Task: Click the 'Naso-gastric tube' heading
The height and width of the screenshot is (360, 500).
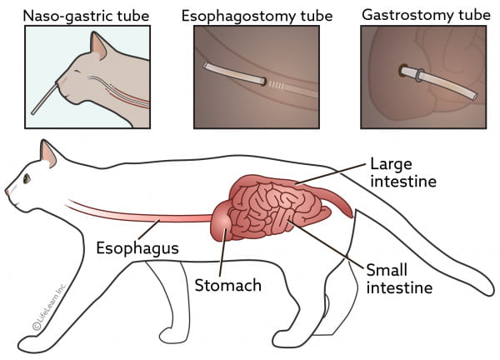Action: (86, 16)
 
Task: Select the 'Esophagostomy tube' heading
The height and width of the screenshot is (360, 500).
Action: (257, 16)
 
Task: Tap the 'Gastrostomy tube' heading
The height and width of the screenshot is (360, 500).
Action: (426, 15)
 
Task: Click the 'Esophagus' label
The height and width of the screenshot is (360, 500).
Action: (137, 248)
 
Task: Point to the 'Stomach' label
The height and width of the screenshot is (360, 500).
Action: (228, 285)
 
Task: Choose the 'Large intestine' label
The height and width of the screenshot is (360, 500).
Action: (403, 172)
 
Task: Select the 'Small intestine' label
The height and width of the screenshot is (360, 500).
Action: (399, 278)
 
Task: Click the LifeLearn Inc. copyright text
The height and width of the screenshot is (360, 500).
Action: (49, 306)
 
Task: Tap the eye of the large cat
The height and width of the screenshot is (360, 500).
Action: (27, 178)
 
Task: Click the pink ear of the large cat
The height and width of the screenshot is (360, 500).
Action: (48, 155)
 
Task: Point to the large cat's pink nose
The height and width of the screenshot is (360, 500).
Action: (7, 192)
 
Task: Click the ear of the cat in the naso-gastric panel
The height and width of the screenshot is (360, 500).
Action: (99, 46)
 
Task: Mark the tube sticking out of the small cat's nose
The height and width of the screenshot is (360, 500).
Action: (44, 99)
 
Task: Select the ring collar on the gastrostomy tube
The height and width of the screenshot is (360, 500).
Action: (418, 75)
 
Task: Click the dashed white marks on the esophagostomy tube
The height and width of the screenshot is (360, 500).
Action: (276, 84)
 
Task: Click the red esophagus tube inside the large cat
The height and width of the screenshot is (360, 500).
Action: (140, 213)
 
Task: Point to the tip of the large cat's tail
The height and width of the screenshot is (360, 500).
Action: (490, 291)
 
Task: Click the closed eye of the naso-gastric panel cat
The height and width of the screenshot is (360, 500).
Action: (77, 71)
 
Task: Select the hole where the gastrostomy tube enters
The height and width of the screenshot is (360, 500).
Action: (402, 71)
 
